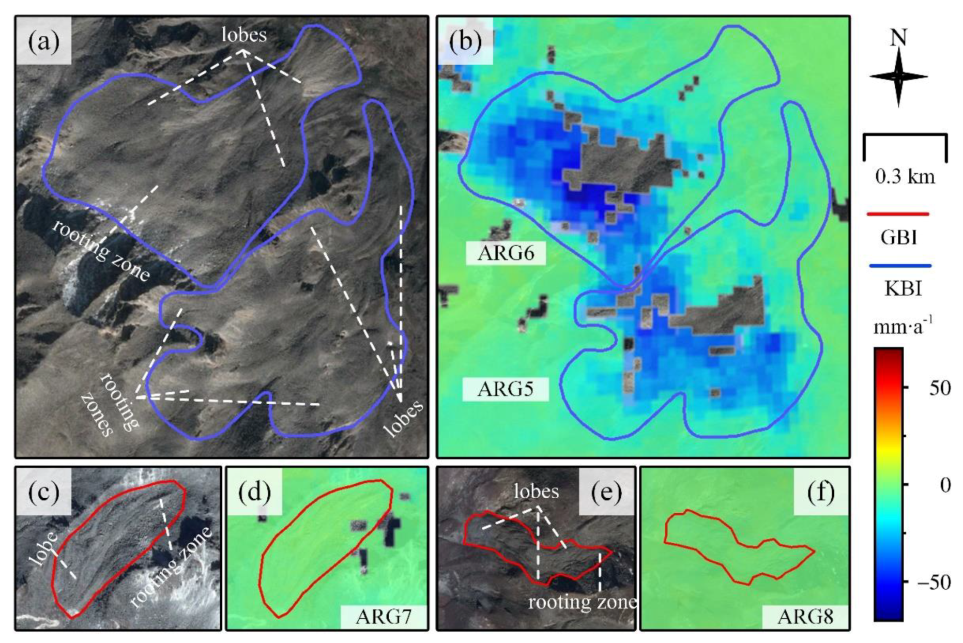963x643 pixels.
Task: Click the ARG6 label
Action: point(506,253)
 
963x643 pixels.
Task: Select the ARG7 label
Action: point(384,617)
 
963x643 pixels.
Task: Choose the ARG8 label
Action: point(805,617)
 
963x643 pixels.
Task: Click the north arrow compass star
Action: point(898,76)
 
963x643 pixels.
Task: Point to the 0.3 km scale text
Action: point(905,177)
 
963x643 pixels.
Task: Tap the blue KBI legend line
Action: point(900,266)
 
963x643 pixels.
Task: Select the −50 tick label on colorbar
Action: point(934,583)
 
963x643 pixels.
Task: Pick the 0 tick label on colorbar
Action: point(945,485)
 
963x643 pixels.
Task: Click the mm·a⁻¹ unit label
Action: point(903,326)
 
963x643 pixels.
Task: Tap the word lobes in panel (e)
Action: point(536,491)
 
